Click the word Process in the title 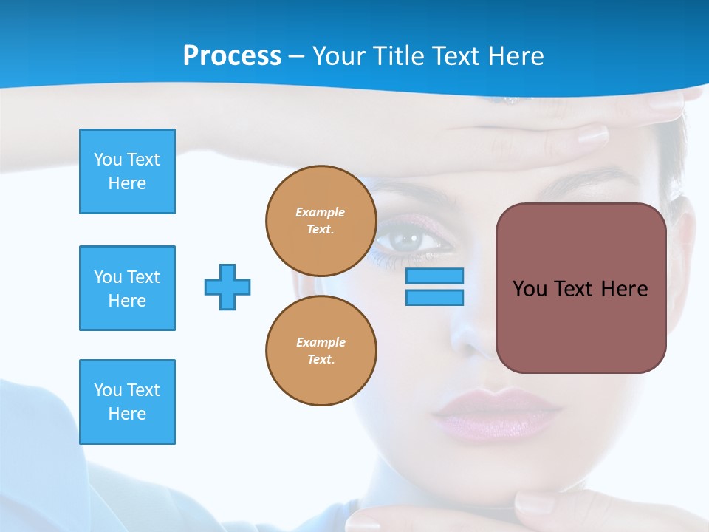(232, 56)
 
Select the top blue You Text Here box (127, 171)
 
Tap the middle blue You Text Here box (127, 288)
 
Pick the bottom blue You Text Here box (127, 402)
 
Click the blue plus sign (227, 287)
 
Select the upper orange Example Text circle (321, 221)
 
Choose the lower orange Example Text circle (321, 351)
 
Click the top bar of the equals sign (434, 276)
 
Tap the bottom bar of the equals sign (434, 297)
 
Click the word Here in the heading (514, 56)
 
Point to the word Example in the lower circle (321, 342)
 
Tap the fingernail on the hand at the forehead (592, 135)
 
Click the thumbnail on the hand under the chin (533, 505)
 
